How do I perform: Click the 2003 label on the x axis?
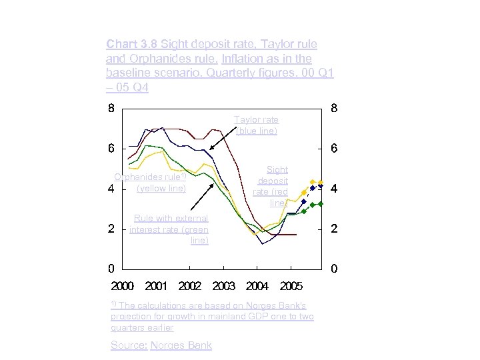pyautogui.click(x=224, y=286)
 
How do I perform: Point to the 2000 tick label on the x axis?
pyautogui.click(x=122, y=286)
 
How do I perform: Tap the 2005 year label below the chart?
pyautogui.click(x=291, y=286)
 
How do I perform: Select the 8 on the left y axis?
pyautogui.click(x=111, y=106)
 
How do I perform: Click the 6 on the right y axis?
pyautogui.click(x=334, y=147)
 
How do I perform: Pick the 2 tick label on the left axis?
pyautogui.click(x=111, y=229)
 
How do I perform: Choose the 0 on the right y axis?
pyautogui.click(x=334, y=269)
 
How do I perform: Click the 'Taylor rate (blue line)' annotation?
pyautogui.click(x=256, y=125)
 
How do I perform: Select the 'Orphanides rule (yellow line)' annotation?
pyautogui.click(x=161, y=183)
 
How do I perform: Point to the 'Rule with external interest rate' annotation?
pyautogui.click(x=169, y=229)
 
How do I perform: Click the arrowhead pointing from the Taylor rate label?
pyautogui.click(x=211, y=150)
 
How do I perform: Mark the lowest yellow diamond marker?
pyautogui.click(x=304, y=193)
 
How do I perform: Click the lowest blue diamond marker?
pyautogui.click(x=304, y=201)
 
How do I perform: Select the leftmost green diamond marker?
pyautogui.click(x=304, y=211)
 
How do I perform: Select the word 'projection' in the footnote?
pyautogui.click(x=131, y=317)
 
